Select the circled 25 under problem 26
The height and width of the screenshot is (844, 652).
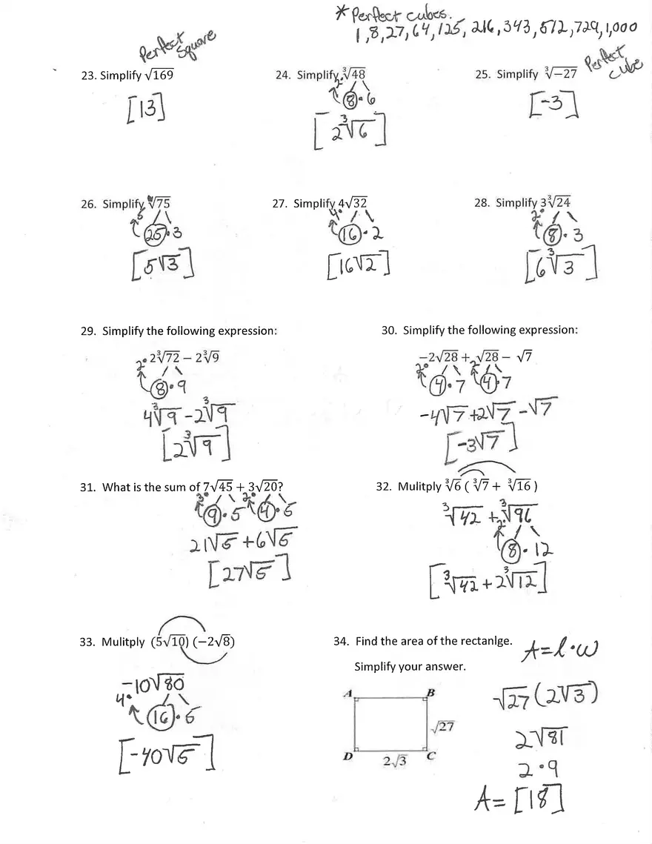(156, 235)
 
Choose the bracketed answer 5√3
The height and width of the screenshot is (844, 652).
(162, 266)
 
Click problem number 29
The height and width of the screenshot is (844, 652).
(87, 330)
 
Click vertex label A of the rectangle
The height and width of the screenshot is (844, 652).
(347, 693)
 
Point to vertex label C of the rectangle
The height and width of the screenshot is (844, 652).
(430, 756)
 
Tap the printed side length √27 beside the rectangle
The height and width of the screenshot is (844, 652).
(442, 727)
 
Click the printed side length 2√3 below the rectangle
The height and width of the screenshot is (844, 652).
(393, 761)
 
